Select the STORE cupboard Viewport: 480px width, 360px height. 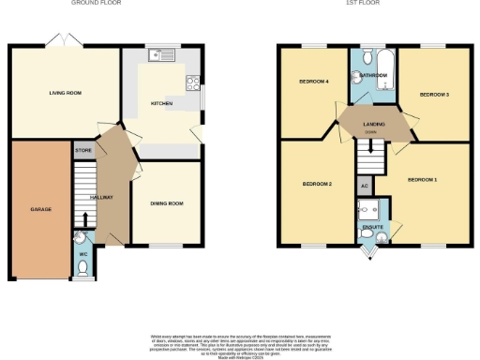coord(82,150)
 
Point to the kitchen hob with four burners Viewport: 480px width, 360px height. coord(193,81)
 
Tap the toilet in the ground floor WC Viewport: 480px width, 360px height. coord(83,268)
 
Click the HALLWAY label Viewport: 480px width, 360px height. coord(101,198)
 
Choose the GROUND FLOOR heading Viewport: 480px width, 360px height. coord(96,3)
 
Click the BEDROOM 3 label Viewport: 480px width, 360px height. coord(433,94)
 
